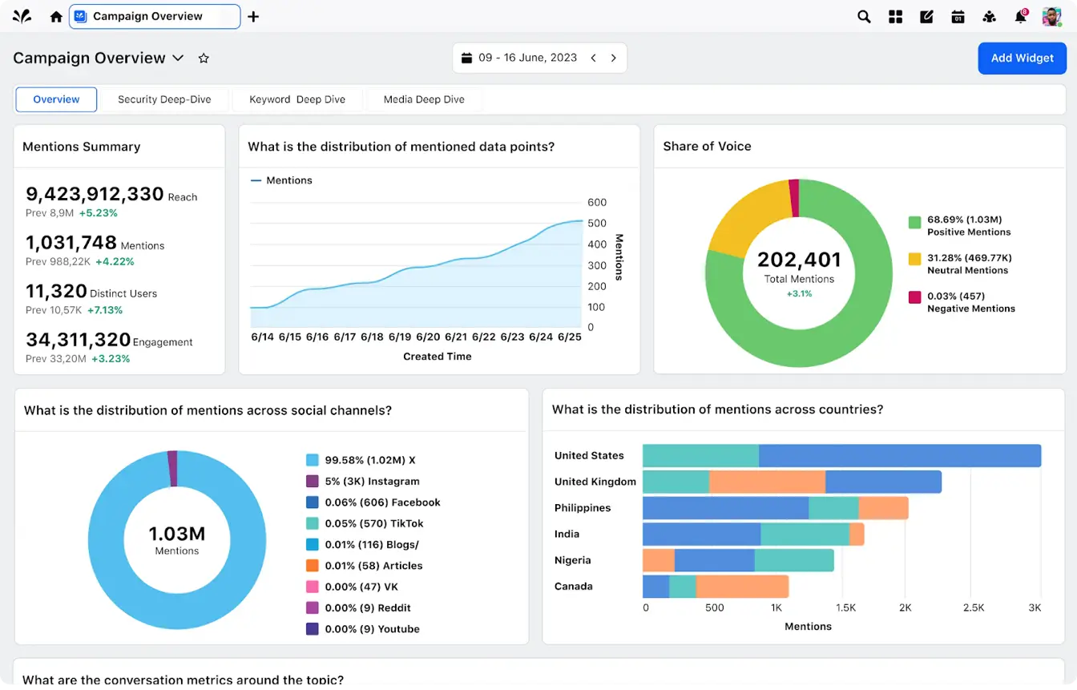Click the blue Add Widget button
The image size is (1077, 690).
point(1022,59)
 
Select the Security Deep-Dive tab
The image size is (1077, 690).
point(164,99)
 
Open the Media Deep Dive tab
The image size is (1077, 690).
point(424,99)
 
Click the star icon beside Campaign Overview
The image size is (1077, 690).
point(204,59)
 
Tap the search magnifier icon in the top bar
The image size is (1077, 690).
point(864,17)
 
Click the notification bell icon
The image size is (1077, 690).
point(1020,17)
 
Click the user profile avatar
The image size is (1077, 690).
point(1051,17)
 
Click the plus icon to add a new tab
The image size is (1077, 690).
point(253,17)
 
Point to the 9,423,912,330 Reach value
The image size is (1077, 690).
point(95,194)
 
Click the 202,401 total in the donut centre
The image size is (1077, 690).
point(799,260)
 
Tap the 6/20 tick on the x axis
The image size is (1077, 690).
point(428,337)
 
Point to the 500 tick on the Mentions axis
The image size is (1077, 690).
point(596,224)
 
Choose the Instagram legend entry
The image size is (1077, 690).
point(372,482)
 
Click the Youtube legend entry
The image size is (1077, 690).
point(372,629)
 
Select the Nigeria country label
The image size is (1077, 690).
point(574,560)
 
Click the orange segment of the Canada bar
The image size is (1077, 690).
point(742,587)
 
